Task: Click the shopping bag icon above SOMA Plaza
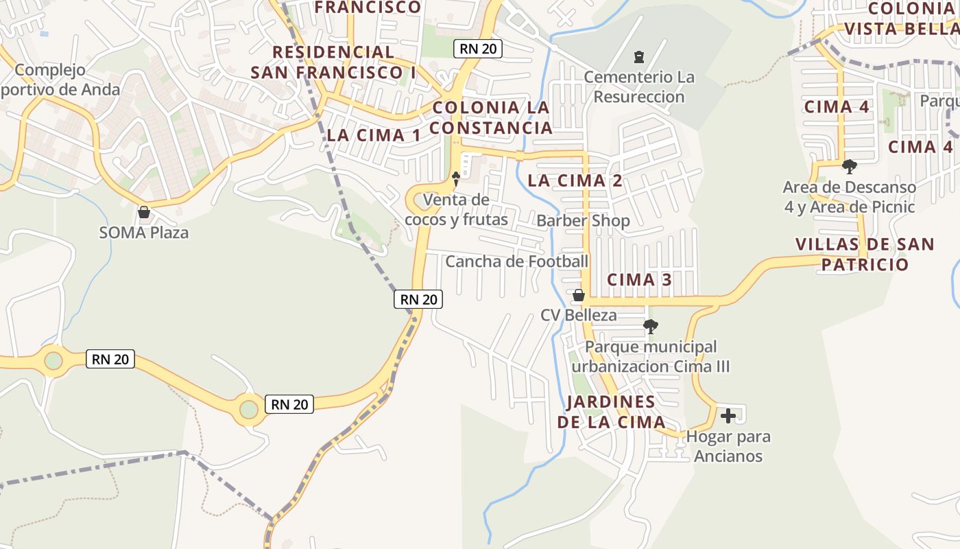[x=144, y=212]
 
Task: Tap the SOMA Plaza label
[x=144, y=233]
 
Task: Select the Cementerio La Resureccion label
[x=639, y=86]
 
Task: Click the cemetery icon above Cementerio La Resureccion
[x=639, y=56]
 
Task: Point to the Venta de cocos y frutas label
[x=456, y=209]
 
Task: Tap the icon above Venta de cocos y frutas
[x=455, y=179]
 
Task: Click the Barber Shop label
[x=583, y=221]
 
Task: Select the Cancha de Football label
[x=517, y=261]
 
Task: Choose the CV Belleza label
[x=579, y=316]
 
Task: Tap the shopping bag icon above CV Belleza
[x=579, y=295]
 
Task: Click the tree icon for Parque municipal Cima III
[x=650, y=327]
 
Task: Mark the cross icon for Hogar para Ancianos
[x=728, y=416]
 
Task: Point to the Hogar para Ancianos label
[x=728, y=446]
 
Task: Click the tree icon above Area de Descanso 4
[x=850, y=166]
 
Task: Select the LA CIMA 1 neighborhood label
[x=374, y=135]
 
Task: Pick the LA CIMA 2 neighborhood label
[x=575, y=181]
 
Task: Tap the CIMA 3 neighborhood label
[x=639, y=280]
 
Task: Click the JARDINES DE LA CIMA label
[x=611, y=412]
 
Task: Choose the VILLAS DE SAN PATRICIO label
[x=865, y=255]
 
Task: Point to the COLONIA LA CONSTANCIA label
[x=491, y=117]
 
